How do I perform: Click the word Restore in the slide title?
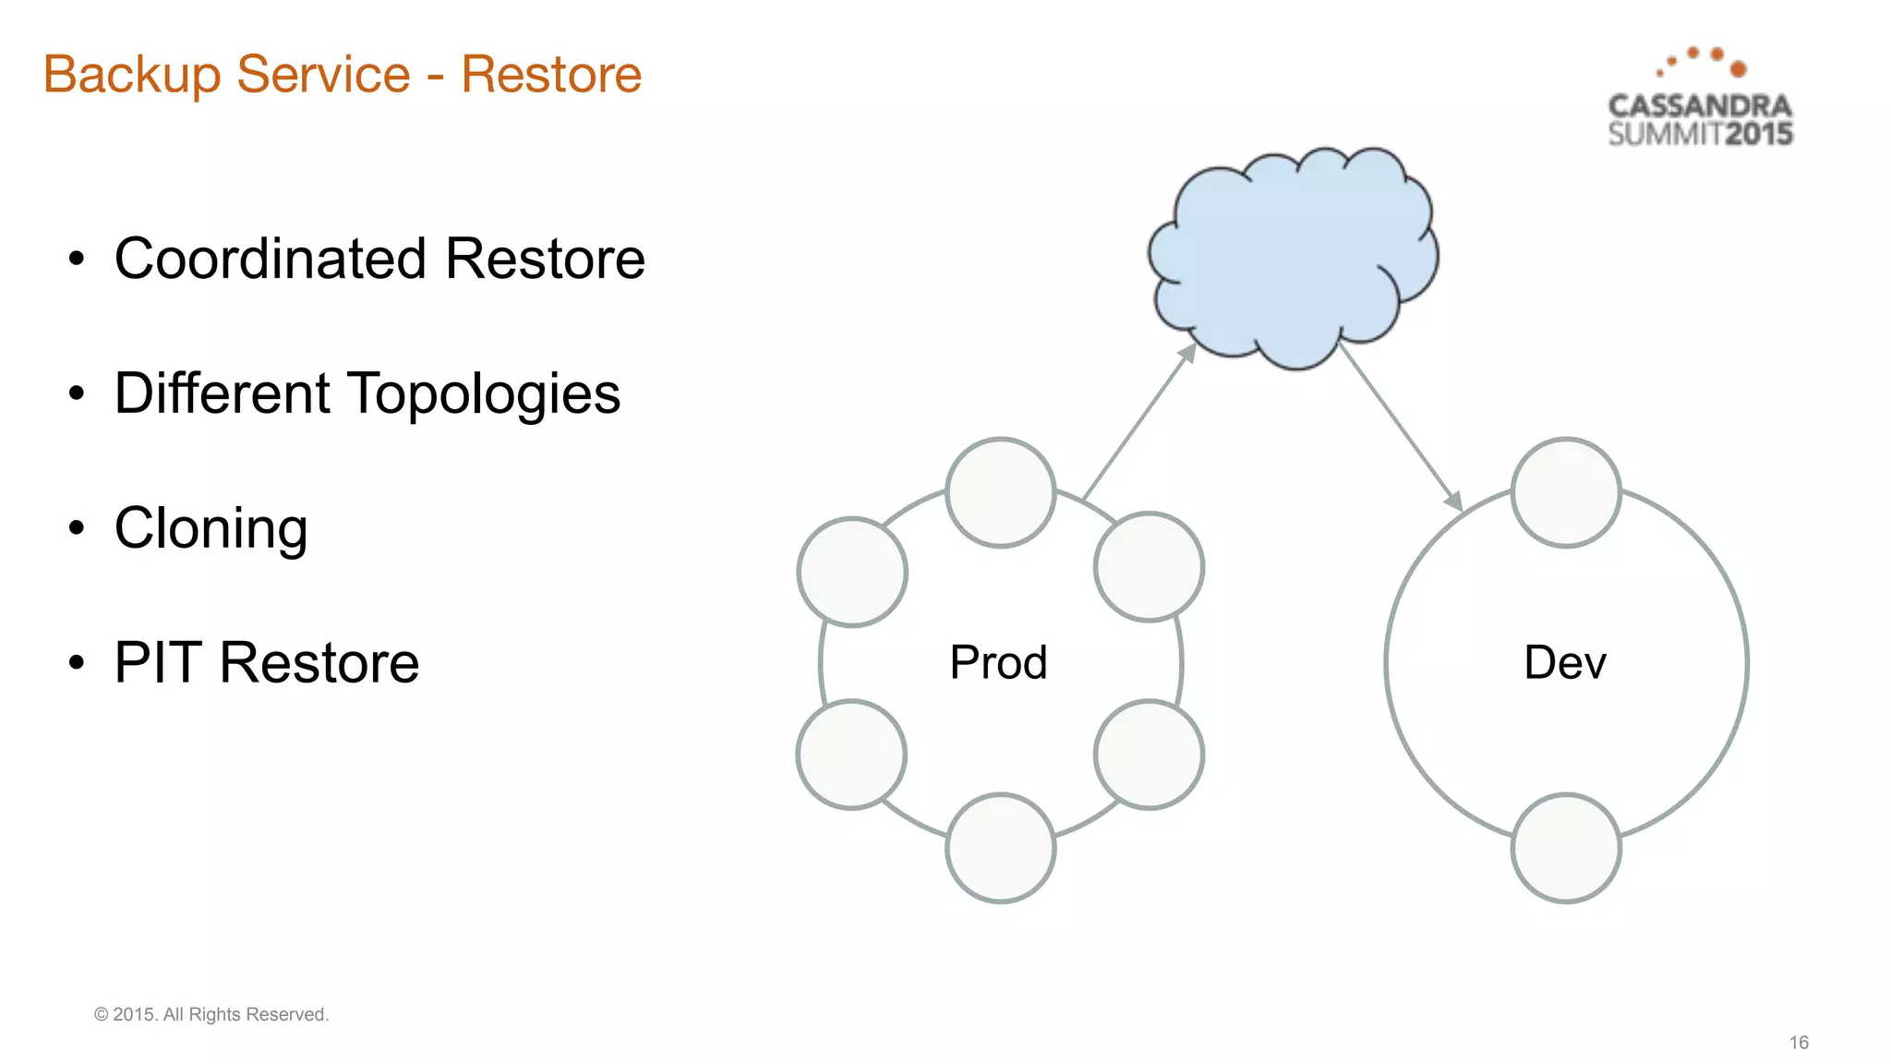coord(551,75)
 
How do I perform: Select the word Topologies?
coord(483,394)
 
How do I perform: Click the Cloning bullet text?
coord(211,528)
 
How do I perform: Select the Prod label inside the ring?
coord(998,662)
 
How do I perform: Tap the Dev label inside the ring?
coord(1565,662)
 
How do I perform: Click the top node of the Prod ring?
coord(1001,492)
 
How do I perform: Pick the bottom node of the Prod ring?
coord(1001,847)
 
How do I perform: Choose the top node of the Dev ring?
coord(1566,492)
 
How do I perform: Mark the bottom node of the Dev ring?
coord(1566,847)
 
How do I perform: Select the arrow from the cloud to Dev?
coord(1400,427)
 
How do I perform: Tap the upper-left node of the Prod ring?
coord(852,572)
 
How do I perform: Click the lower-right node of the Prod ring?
coord(1149,754)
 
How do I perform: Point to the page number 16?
coord(1799,1042)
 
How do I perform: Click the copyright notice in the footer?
coord(211,1014)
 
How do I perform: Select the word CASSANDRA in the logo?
coord(1699,106)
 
